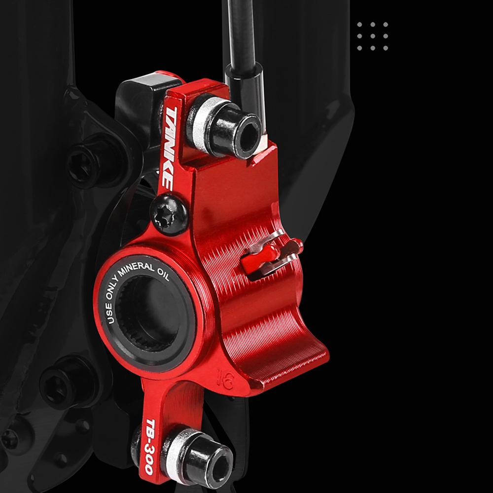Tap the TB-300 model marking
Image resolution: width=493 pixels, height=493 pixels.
click(149, 446)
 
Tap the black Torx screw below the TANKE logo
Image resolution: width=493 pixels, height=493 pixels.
click(169, 214)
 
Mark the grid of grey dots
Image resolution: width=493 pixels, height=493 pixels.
click(372, 36)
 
